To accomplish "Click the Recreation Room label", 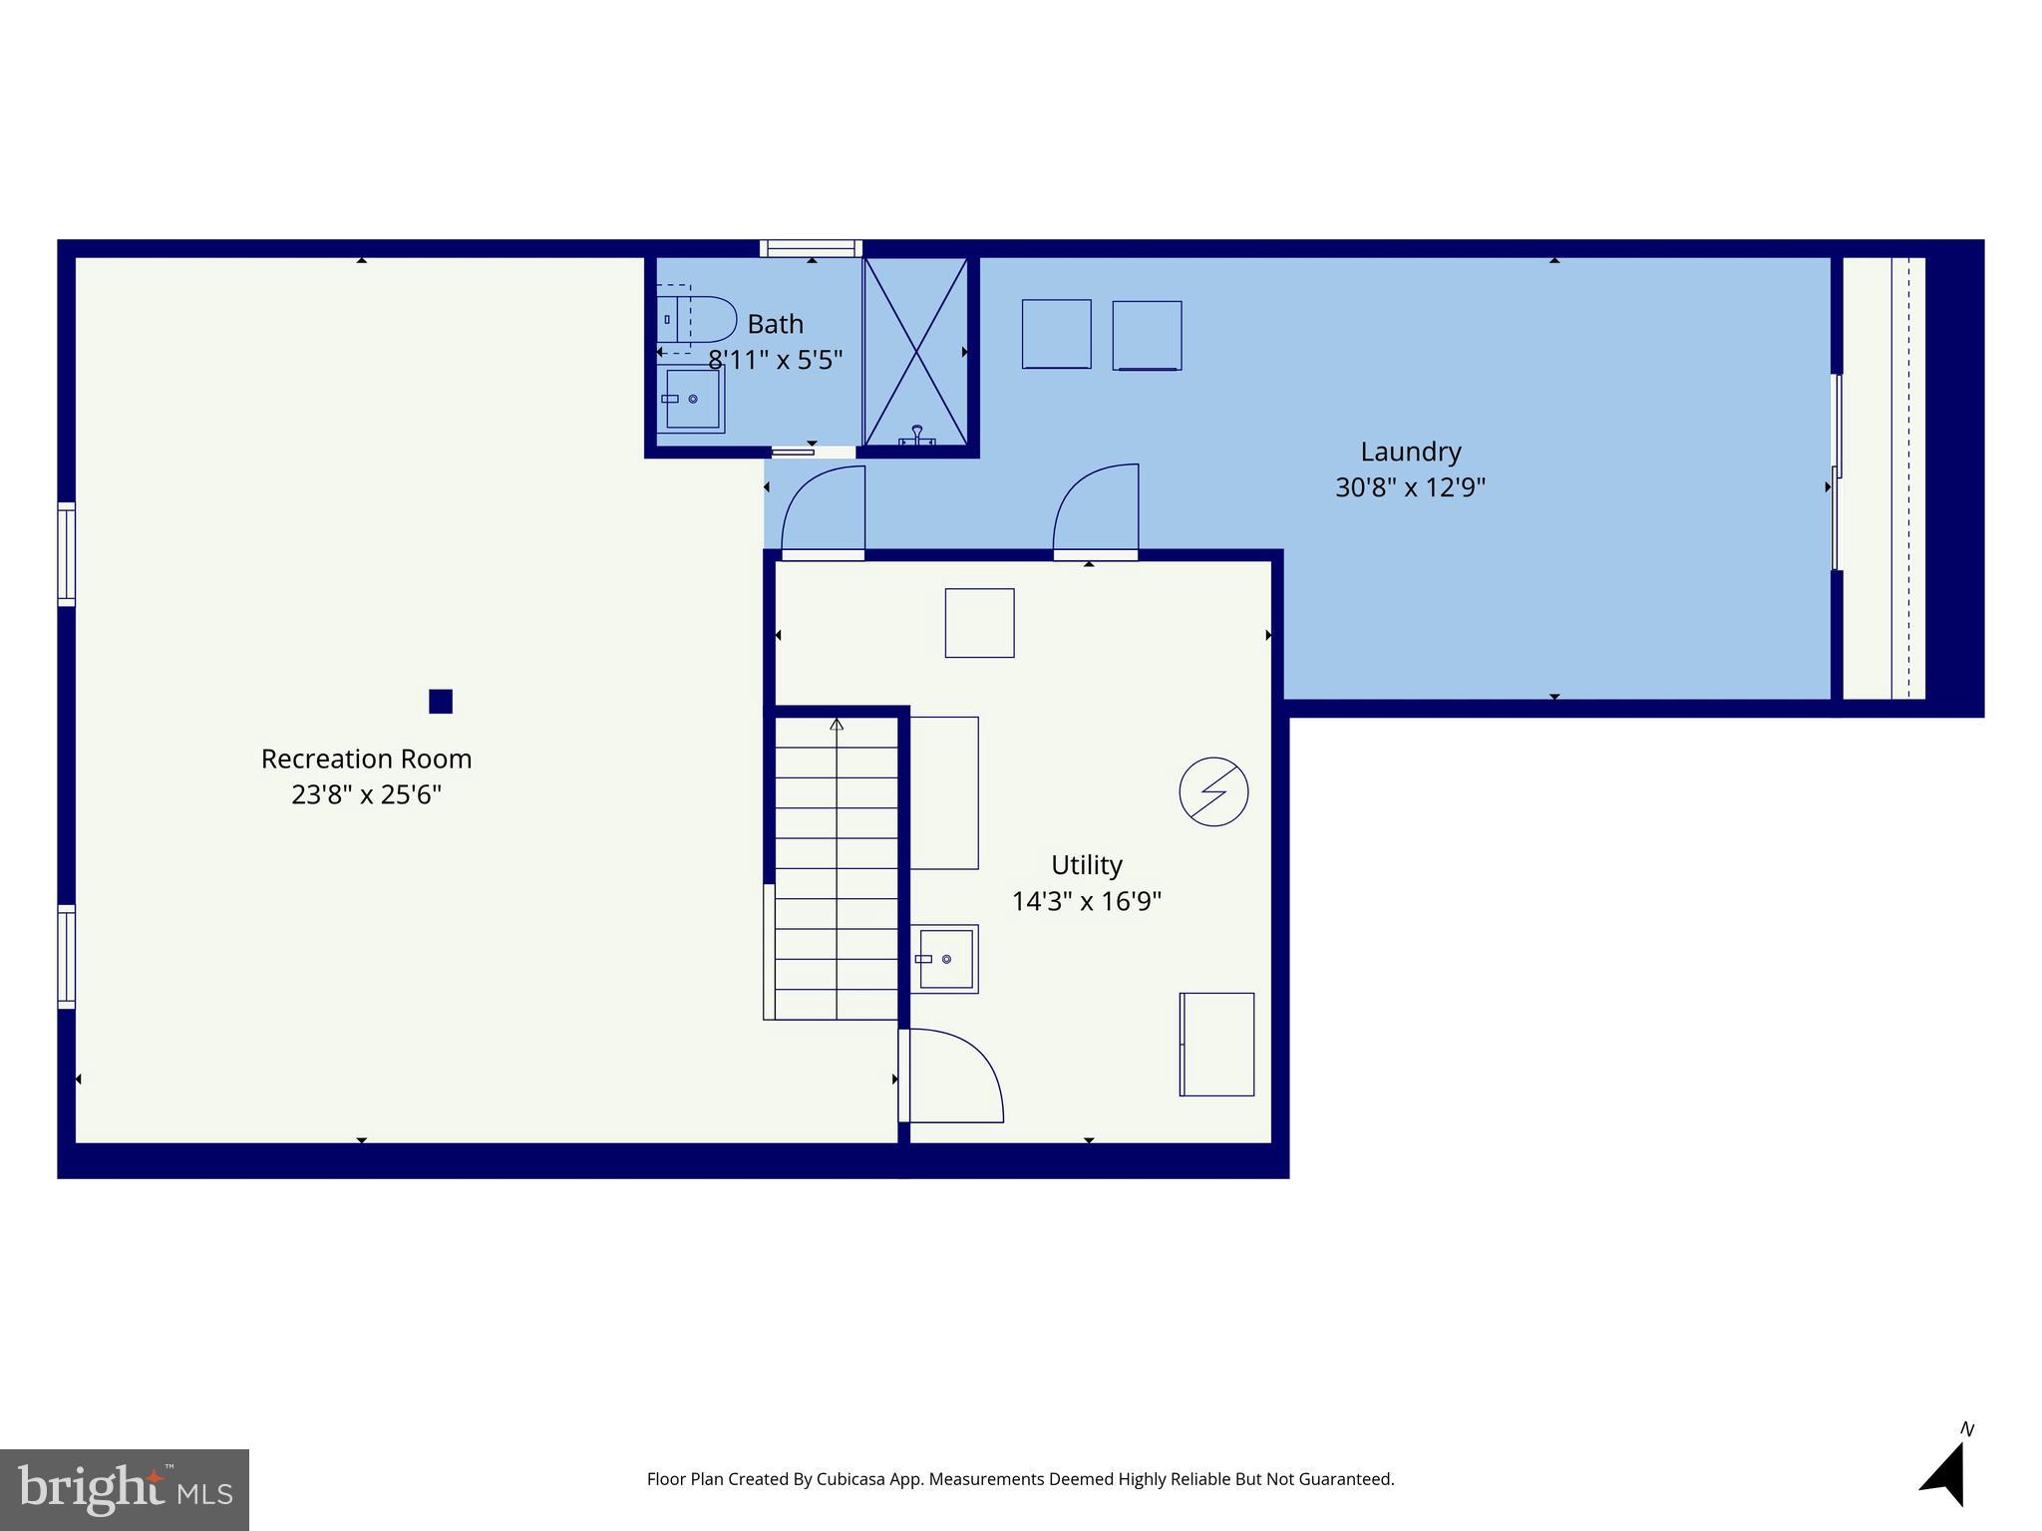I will pos(366,759).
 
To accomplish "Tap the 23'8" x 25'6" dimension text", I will pos(366,795).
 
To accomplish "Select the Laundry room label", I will pos(1410,452).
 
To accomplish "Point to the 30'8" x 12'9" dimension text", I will pos(1410,487).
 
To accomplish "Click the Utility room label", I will pos(1086,864).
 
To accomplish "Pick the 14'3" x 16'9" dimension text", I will pos(1086,901).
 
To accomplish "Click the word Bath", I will pos(775,324).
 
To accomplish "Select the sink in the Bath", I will pos(691,399).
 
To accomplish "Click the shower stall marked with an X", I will pos(915,351).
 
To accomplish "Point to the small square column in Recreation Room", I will pos(441,702).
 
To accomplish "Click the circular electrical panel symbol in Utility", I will pos(1213,791).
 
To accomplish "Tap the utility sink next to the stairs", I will pos(944,959).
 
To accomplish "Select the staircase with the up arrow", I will pos(836,867).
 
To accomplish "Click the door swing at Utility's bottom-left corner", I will pos(952,1076).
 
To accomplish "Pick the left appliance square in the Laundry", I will pos(1056,334).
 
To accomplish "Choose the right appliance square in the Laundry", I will pos(1147,336).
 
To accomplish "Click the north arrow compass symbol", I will pos(1945,1472).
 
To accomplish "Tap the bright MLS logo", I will pos(125,1489).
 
